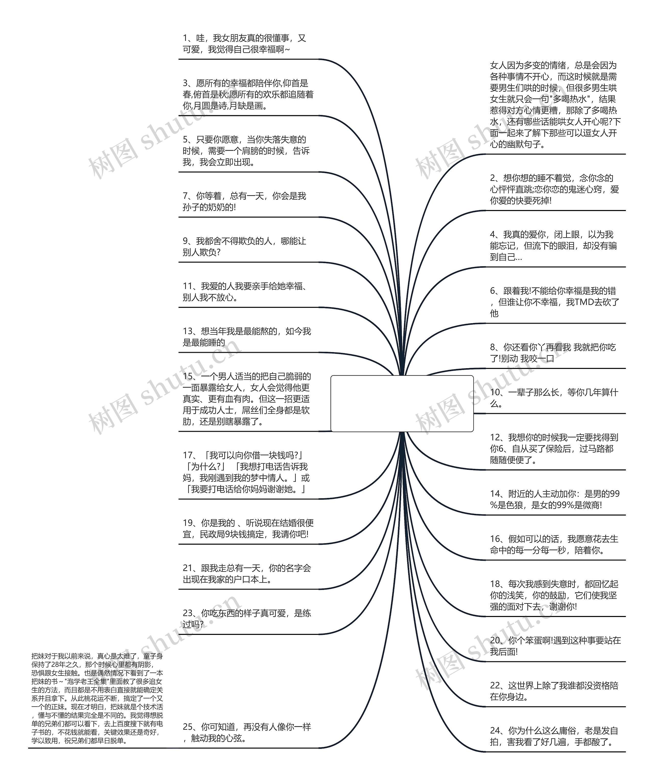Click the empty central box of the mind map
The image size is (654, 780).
coord(402,403)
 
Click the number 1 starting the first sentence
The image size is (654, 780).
coord(185,38)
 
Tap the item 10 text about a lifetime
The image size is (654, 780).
coord(553,398)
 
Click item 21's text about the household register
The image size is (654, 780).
coord(246,574)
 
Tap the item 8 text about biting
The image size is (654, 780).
coord(552,353)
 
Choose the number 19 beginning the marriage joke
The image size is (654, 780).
coord(187,523)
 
